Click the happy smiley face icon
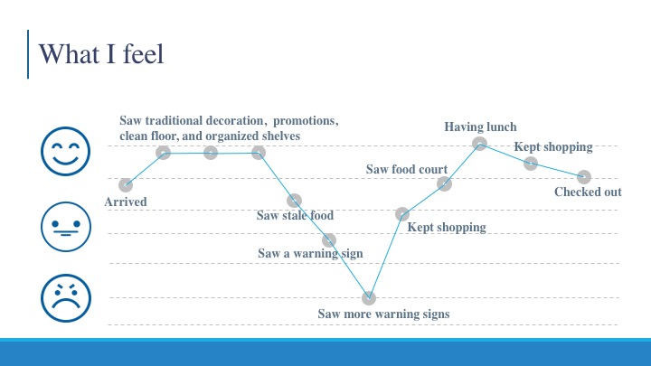pos(65,151)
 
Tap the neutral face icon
pos(66,227)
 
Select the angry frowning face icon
pos(66,298)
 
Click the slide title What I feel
pos(101,54)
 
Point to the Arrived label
pos(126,202)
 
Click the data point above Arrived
pos(126,185)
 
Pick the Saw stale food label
pos(295,215)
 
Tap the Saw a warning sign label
pos(310,253)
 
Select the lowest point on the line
pos(369,297)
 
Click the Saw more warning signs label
pos(383,314)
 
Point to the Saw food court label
pos(407,169)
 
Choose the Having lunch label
pos(480,127)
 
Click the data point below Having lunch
pos(479,144)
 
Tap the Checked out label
pos(588,192)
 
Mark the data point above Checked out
pos(584,177)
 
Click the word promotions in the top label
pos(306,120)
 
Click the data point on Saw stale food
pos(295,201)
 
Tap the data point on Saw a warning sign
pos(329,239)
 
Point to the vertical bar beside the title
pos(28,54)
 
